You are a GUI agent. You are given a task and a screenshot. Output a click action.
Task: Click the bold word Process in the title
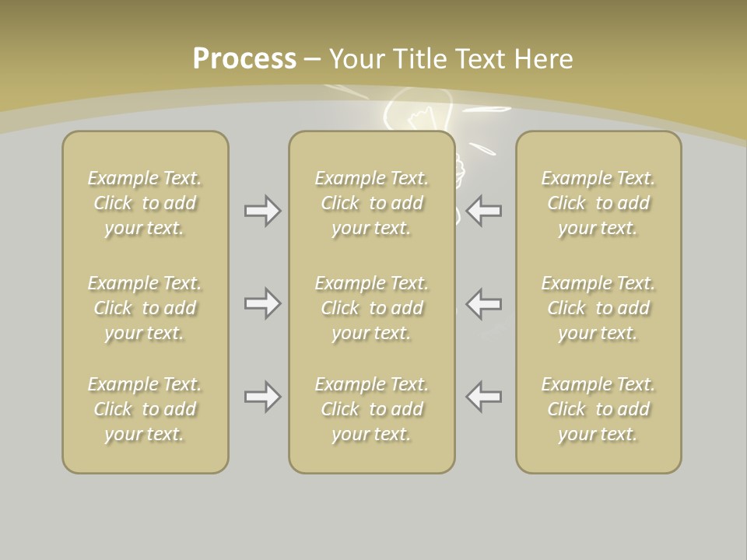click(244, 59)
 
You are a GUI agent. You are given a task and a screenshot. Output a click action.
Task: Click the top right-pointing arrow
click(262, 211)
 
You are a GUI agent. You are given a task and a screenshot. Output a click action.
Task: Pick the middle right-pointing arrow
click(262, 303)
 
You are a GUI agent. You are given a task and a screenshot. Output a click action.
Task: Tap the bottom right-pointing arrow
click(262, 397)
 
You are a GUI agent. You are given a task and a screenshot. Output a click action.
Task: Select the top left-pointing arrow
click(484, 211)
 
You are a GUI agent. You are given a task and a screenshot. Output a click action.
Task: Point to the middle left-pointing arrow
click(484, 303)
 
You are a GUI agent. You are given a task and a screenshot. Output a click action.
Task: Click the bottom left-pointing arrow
click(484, 397)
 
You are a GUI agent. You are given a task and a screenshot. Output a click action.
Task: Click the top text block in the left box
click(145, 203)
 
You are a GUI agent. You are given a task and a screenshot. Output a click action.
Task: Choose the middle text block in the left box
click(145, 308)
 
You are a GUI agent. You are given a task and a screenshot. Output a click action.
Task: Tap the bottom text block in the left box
click(145, 409)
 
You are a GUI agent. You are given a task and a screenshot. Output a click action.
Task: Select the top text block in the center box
click(371, 203)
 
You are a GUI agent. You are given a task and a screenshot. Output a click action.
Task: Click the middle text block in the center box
click(371, 308)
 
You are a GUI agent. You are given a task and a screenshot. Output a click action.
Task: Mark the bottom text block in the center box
click(371, 409)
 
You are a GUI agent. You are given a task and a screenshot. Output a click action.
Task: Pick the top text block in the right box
click(598, 203)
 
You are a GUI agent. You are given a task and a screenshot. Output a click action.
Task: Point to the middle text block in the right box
click(598, 308)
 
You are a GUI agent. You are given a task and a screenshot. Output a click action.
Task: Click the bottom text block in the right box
click(598, 409)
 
